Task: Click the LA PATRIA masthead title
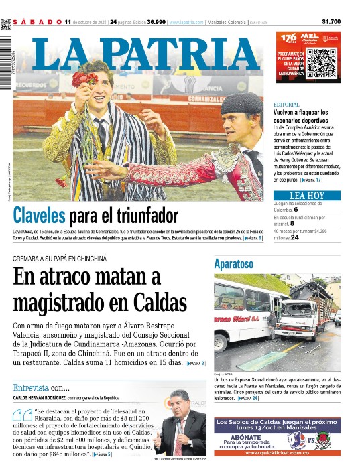click(150, 52)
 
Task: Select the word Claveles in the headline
click(40, 216)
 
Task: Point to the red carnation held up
click(84, 80)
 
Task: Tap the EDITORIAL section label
click(286, 105)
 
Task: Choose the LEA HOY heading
click(307, 196)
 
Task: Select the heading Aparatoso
click(233, 264)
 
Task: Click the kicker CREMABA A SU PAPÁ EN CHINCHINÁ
click(60, 258)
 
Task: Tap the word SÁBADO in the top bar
click(38, 21)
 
